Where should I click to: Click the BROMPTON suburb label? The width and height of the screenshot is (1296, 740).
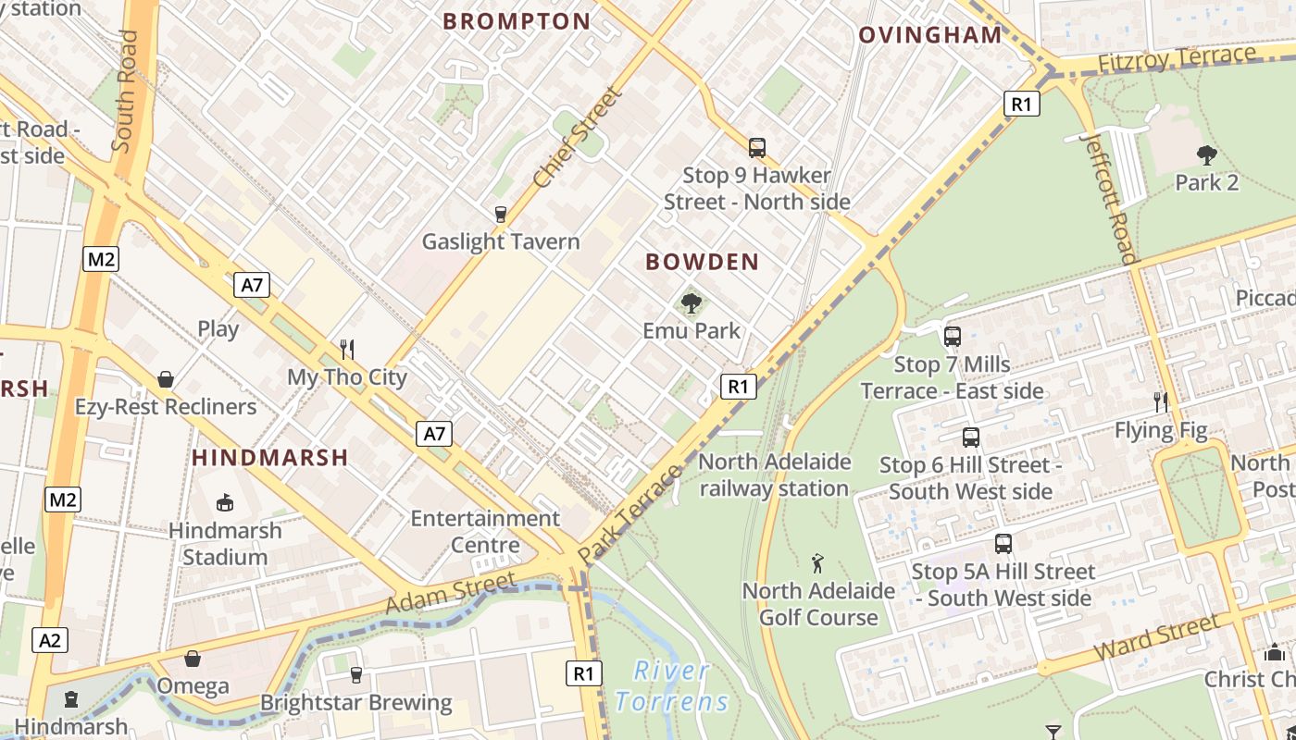517,21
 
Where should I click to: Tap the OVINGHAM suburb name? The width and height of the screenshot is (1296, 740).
930,35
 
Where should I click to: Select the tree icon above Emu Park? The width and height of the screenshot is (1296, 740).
691,302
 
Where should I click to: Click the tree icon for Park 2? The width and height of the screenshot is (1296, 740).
1206,154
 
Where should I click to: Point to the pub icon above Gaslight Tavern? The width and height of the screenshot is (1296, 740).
501,215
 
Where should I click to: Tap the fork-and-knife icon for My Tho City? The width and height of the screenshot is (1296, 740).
347,349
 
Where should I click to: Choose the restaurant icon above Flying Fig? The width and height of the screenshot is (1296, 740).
1161,401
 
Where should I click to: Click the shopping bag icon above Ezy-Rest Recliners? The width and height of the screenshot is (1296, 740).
166,379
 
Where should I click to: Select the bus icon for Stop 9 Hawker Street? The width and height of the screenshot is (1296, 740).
757,147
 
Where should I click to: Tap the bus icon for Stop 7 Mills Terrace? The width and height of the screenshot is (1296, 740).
952,337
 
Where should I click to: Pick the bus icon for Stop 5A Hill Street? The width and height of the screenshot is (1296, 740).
1003,544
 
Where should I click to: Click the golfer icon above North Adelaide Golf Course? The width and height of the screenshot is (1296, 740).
817,562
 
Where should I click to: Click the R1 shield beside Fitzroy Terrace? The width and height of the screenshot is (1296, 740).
1020,104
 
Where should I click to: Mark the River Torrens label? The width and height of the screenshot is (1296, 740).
673,685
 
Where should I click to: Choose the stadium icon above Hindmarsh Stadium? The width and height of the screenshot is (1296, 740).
224,502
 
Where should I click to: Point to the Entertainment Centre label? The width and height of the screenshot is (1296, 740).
485,531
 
